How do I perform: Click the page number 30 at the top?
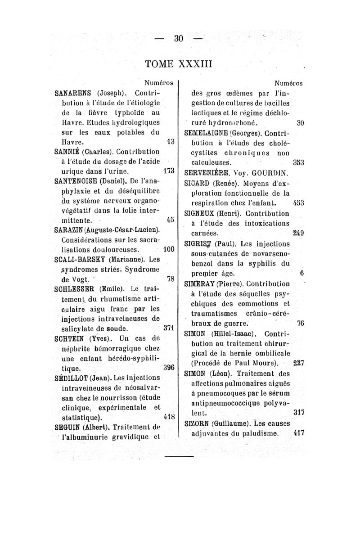coord(179,39)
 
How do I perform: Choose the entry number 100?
coord(168,248)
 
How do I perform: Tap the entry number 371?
coord(168,328)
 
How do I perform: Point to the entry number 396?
coord(168,367)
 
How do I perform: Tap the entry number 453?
coord(298,202)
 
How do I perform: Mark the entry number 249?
coord(297,233)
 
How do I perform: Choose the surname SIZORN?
coord(201,424)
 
